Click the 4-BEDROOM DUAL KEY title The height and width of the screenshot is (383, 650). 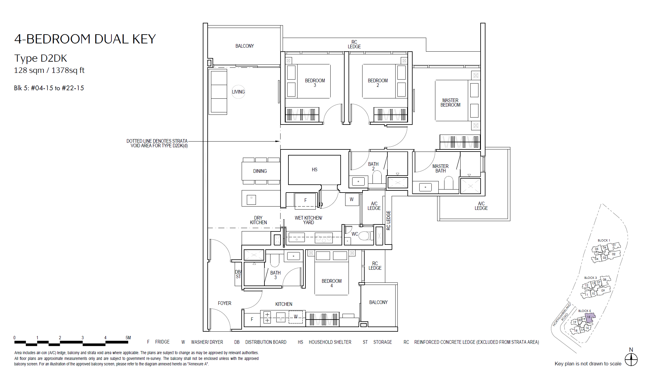pyautogui.click(x=85, y=39)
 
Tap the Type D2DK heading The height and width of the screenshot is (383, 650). pyautogui.click(x=41, y=58)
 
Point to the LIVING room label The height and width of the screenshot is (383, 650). pyautogui.click(x=238, y=92)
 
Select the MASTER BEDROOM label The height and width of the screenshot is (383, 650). pyautogui.click(x=451, y=103)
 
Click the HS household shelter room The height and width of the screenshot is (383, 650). pyautogui.click(x=315, y=170)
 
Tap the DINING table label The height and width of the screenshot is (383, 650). pyautogui.click(x=260, y=171)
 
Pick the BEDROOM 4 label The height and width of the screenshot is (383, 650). pyautogui.click(x=332, y=283)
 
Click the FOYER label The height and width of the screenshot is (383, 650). pyautogui.click(x=225, y=303)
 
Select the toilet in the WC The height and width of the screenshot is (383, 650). pyautogui.click(x=365, y=235)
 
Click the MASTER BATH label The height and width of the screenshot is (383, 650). pyautogui.click(x=441, y=169)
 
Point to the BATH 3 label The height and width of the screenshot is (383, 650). pyautogui.click(x=275, y=275)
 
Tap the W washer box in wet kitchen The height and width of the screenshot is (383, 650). pyautogui.click(x=352, y=200)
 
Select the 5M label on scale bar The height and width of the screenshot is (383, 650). pyautogui.click(x=128, y=338)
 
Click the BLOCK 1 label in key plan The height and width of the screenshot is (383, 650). pyautogui.click(x=604, y=240)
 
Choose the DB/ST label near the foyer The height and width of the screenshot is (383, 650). pyautogui.click(x=238, y=274)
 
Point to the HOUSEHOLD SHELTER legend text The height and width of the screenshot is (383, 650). pyautogui.click(x=330, y=342)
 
